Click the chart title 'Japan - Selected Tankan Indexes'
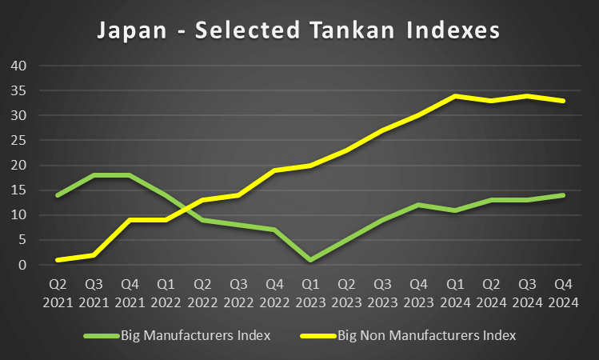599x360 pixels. click(298, 30)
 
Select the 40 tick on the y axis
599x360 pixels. click(19, 66)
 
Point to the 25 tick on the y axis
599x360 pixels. click(19, 140)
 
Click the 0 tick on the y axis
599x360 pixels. click(23, 265)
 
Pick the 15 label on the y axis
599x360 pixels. click(19, 190)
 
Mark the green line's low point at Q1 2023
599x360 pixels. click(309, 260)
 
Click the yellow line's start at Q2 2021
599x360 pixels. click(58, 260)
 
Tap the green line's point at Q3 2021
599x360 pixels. click(94, 175)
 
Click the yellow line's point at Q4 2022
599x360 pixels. click(274, 170)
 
